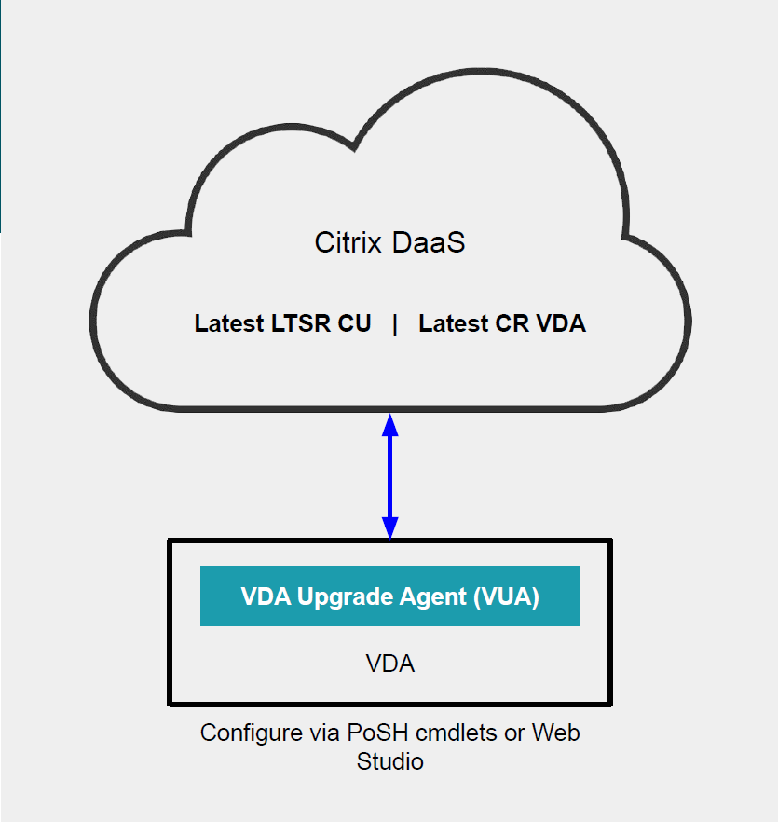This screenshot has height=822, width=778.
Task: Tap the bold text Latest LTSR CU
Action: [x=282, y=324]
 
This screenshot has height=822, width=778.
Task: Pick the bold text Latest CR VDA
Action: [x=502, y=324]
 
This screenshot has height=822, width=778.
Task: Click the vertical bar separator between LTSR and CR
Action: [x=395, y=324]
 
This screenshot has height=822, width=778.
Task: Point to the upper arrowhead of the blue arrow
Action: [x=390, y=424]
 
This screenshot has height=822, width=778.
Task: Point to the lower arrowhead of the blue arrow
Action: [x=390, y=527]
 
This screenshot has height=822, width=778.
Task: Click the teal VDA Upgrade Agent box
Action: [x=389, y=596]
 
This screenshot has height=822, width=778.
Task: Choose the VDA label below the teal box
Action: [x=389, y=664]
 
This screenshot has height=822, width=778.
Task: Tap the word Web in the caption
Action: [x=555, y=733]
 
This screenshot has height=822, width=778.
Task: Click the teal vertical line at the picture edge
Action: [x=1, y=116]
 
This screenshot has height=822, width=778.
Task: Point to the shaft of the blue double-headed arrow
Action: [x=390, y=475]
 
